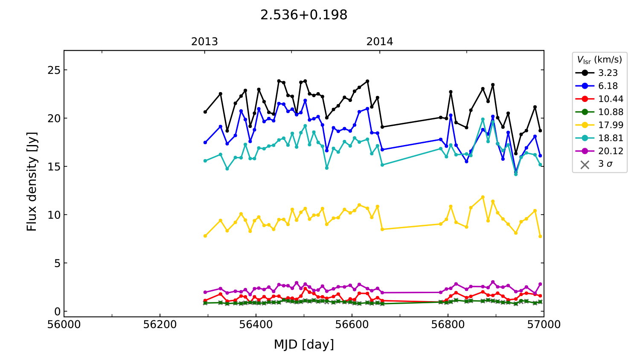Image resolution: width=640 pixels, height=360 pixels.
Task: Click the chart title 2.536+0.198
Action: pos(304,15)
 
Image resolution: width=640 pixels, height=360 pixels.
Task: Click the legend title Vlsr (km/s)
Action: pos(599,60)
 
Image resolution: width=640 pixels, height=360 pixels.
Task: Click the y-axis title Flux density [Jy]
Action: pos(32,182)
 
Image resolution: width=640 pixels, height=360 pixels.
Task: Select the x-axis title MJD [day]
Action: pos(304,344)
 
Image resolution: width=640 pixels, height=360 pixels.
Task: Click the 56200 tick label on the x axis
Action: pos(160,325)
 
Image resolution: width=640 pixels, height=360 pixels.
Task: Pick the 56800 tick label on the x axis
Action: pos(448,325)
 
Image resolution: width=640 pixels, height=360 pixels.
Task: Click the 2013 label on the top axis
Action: pos(204,42)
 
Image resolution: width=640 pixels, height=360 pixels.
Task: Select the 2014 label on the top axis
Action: pos(380,42)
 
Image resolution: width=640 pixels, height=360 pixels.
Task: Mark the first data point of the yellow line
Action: pos(205,236)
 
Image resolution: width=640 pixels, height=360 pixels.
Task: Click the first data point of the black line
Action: pos(205,112)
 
